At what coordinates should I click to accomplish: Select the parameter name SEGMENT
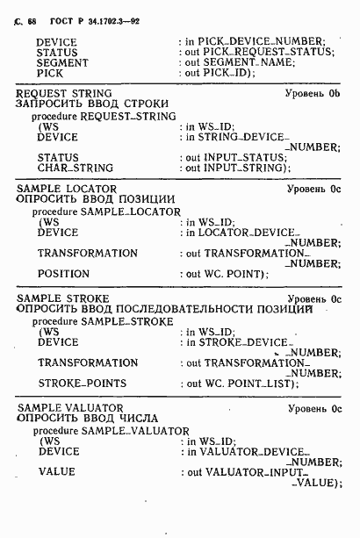click(x=61, y=63)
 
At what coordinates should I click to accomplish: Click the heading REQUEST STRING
click(x=59, y=93)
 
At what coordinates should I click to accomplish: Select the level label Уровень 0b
click(x=313, y=93)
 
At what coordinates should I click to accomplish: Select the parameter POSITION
click(x=63, y=274)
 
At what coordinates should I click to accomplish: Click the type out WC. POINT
click(x=225, y=274)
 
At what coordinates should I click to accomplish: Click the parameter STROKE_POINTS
click(x=82, y=384)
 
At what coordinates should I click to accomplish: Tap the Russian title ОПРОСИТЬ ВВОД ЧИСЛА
click(x=83, y=420)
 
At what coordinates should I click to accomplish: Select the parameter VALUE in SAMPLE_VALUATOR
click(x=56, y=472)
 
